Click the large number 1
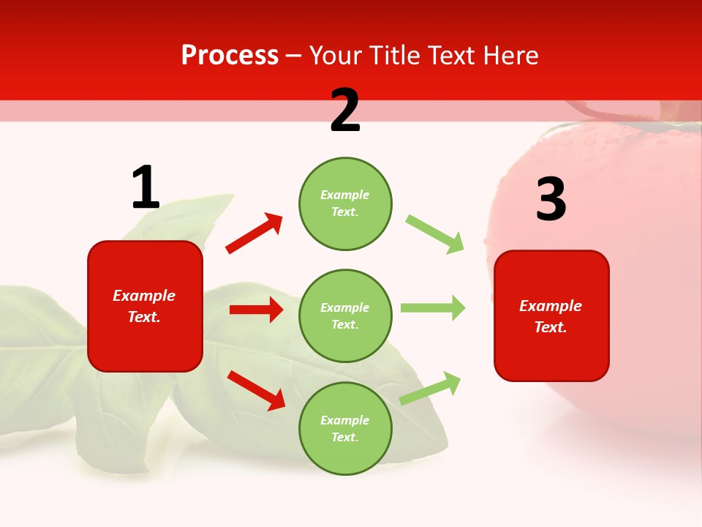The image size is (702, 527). point(146,188)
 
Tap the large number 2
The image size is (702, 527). point(345,111)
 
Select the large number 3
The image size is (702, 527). point(551,200)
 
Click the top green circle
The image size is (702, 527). point(345,203)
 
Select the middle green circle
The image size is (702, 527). point(345,315)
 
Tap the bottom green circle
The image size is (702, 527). point(345,428)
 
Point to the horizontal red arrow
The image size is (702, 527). point(256,310)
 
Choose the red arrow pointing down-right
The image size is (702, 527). point(256,390)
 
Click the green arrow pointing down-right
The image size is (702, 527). point(435,234)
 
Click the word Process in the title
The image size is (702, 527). point(230,56)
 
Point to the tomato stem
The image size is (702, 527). point(607,113)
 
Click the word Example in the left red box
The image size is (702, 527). point(144,296)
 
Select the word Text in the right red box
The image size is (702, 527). point(550,327)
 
